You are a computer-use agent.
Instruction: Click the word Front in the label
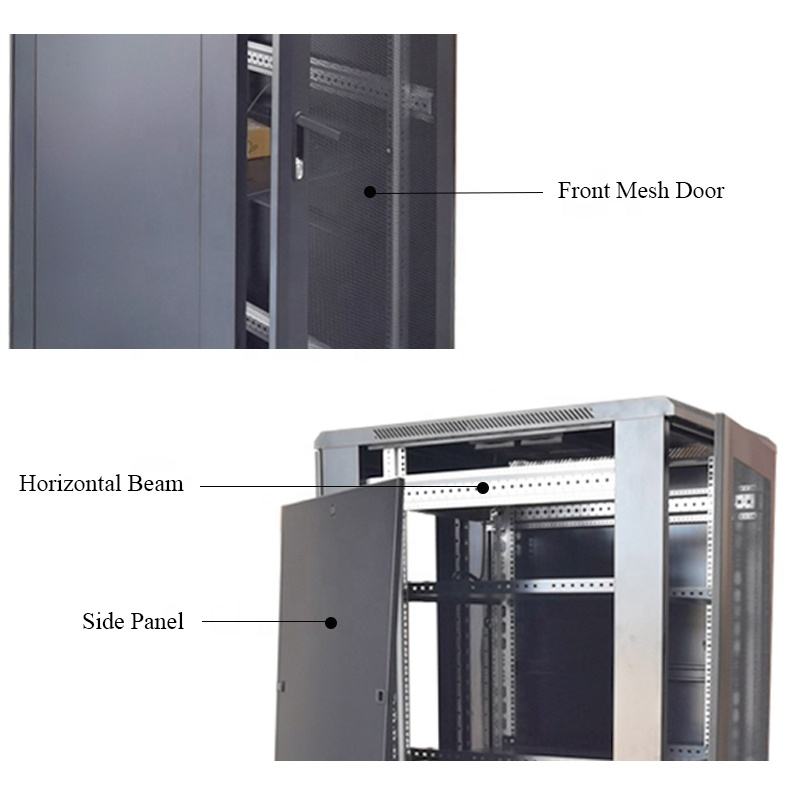(583, 191)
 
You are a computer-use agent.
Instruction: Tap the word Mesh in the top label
(645, 191)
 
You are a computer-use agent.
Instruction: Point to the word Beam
(156, 484)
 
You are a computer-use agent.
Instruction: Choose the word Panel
(157, 622)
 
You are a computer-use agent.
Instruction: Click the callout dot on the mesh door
(370, 191)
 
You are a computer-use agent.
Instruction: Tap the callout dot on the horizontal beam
(482, 488)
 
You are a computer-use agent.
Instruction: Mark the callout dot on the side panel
(331, 623)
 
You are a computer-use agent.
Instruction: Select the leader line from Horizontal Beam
(340, 488)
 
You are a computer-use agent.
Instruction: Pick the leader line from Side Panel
(265, 623)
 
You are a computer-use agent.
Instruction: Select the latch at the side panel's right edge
(379, 694)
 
